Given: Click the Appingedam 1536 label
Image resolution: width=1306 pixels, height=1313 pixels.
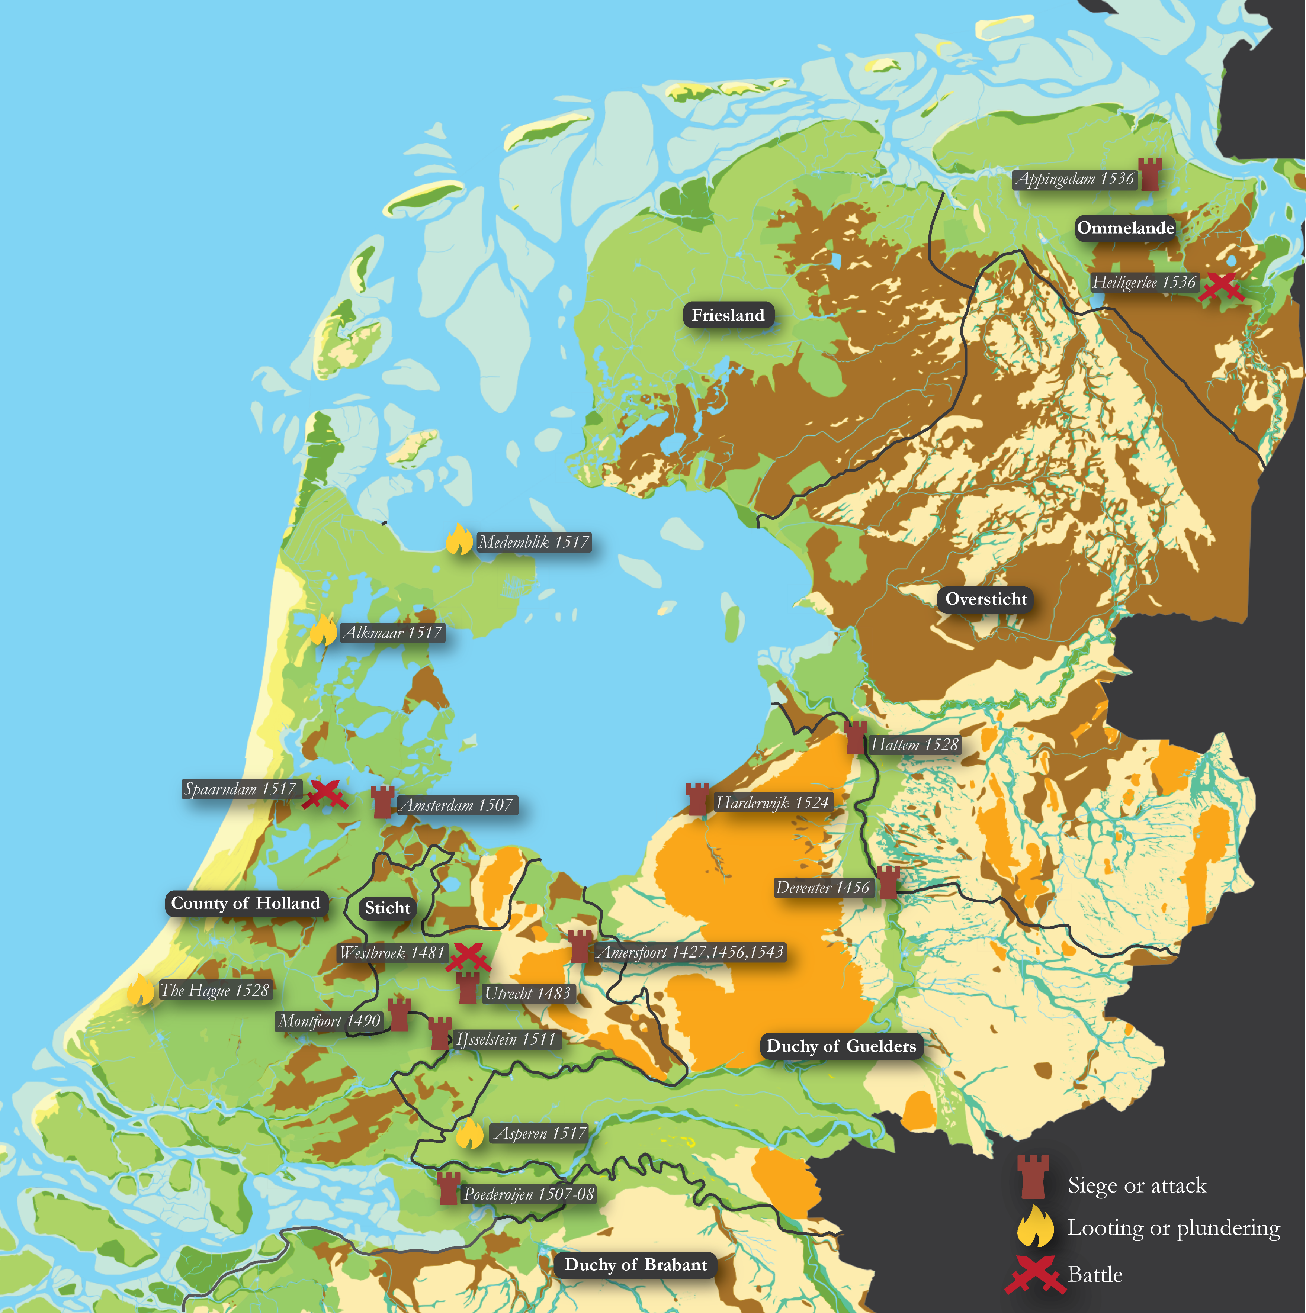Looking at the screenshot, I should point(1074,179).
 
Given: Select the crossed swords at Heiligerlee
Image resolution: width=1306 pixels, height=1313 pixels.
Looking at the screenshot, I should point(1221,287).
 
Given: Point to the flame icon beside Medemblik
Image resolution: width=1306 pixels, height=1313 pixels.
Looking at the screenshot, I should point(459,540).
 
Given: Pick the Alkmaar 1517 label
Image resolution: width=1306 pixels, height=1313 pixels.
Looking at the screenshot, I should point(392,633).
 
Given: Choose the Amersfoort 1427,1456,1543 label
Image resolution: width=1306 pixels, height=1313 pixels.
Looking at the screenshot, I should point(690,952).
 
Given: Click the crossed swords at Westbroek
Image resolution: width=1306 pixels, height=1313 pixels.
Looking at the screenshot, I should point(468,957).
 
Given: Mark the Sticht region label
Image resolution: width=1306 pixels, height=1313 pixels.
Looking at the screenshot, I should point(387,908).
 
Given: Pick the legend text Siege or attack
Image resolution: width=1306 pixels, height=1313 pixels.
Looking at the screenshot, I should point(1137,1185).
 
